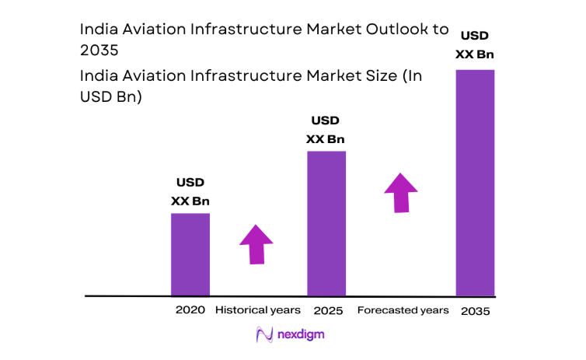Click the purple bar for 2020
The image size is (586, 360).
[x=190, y=254]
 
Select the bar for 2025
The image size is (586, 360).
[x=326, y=223]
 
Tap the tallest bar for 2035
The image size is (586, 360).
[x=475, y=183]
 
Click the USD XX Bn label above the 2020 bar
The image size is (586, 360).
[x=190, y=192]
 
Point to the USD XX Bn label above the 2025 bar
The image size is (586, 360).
[x=326, y=130]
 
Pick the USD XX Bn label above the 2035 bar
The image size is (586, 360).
[x=475, y=45]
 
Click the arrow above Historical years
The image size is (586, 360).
[x=256, y=244]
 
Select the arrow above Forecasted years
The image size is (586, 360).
[x=400, y=191]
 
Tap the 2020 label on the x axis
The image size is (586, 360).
[x=190, y=310]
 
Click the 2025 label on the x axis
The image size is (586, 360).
[x=326, y=310]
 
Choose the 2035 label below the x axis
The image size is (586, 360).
[x=475, y=311]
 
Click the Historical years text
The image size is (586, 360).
[x=257, y=310]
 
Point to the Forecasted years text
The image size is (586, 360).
[x=403, y=310]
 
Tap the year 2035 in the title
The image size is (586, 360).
[x=99, y=51]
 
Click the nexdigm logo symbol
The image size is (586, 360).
[x=264, y=335]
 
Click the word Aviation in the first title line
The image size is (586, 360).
[x=147, y=30]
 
